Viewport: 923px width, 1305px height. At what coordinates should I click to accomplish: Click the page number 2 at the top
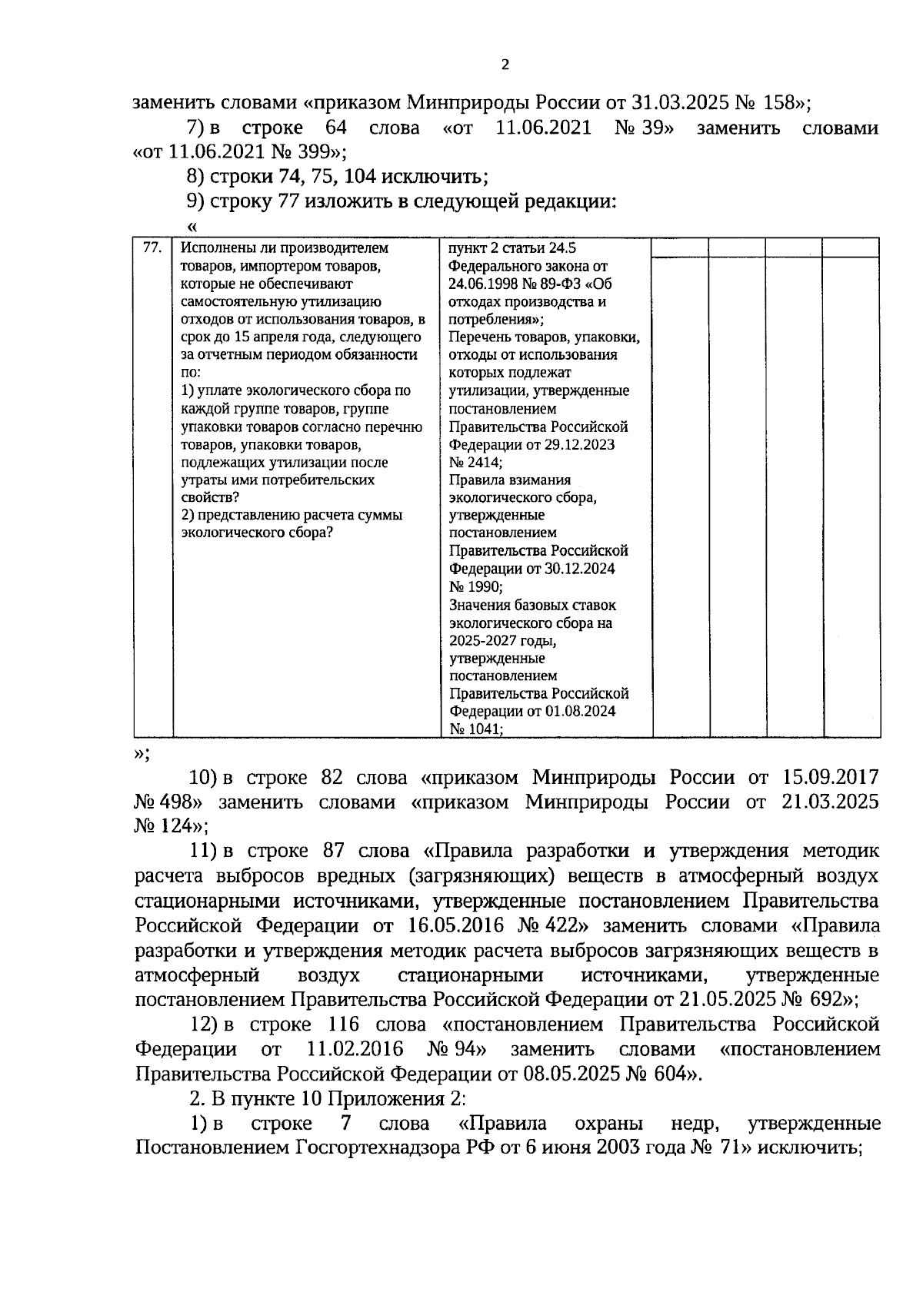(505, 65)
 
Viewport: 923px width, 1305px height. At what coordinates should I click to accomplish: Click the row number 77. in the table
(152, 247)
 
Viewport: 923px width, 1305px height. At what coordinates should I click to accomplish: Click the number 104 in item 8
(360, 177)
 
